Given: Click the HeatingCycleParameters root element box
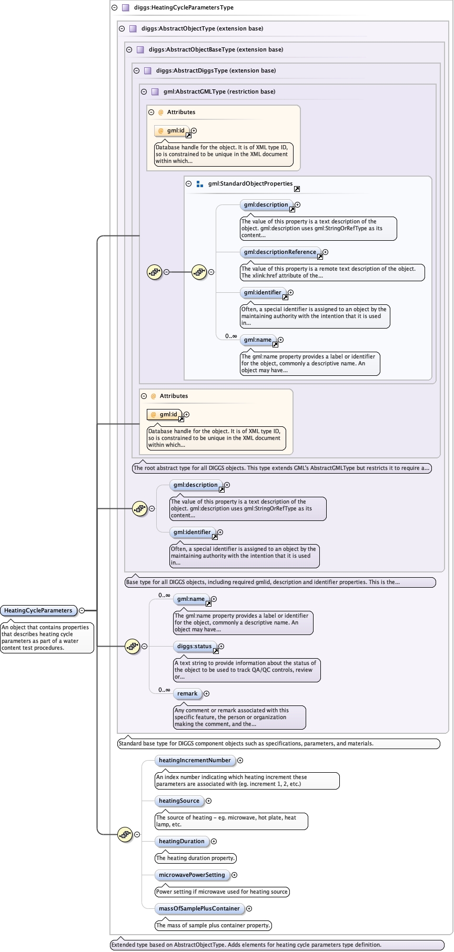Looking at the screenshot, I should (x=38, y=610).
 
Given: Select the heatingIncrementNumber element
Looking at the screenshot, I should (x=195, y=760).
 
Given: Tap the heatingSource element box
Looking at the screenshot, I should (x=179, y=801).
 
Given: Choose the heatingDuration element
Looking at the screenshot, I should (x=181, y=841).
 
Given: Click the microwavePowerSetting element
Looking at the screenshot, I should (x=191, y=875).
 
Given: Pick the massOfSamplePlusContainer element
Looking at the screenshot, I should (x=199, y=908).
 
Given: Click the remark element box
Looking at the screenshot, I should (x=187, y=693).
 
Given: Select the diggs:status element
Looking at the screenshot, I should (x=194, y=646).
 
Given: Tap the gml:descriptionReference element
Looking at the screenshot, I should (x=280, y=252).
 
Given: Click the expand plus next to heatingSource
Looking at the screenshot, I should (x=208, y=801).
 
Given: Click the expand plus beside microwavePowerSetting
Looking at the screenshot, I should (x=234, y=875).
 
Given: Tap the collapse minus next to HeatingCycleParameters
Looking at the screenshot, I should (x=82, y=610).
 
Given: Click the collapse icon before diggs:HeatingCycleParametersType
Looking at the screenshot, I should (x=114, y=8).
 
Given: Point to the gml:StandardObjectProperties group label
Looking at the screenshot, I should (x=250, y=183).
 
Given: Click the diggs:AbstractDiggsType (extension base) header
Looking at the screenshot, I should (x=216, y=70).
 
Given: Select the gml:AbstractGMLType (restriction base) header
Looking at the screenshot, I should (x=219, y=91).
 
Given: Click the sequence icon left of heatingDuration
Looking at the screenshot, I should (x=125, y=834).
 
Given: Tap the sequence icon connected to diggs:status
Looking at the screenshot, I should (x=132, y=646).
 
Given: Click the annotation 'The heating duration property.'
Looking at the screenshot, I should (x=195, y=858).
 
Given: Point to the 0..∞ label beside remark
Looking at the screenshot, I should (x=164, y=690).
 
